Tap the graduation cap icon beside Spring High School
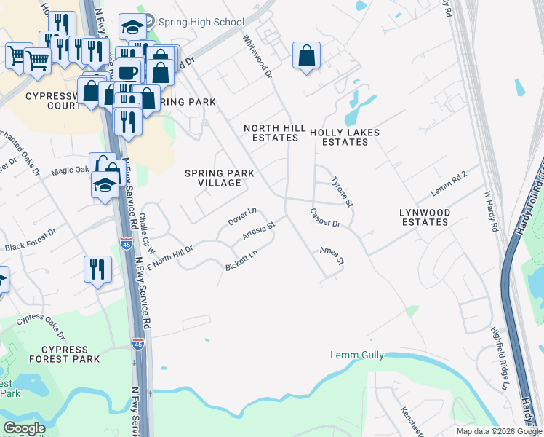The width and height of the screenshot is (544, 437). [x=132, y=28]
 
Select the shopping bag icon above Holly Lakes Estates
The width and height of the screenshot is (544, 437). [x=307, y=55]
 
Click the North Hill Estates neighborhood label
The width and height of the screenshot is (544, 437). [x=274, y=133]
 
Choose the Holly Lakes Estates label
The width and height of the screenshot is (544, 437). [x=345, y=138]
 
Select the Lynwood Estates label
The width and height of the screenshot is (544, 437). [x=425, y=217]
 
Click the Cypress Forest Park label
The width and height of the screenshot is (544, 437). [x=65, y=354]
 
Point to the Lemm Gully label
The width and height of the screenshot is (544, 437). [x=356, y=355]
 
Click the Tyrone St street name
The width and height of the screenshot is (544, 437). [x=342, y=192]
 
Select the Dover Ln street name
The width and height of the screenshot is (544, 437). [x=243, y=216]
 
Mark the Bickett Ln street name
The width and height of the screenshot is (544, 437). [x=241, y=261]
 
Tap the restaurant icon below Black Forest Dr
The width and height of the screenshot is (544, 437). [x=96, y=269]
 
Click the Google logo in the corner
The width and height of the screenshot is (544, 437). [x=24, y=428]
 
